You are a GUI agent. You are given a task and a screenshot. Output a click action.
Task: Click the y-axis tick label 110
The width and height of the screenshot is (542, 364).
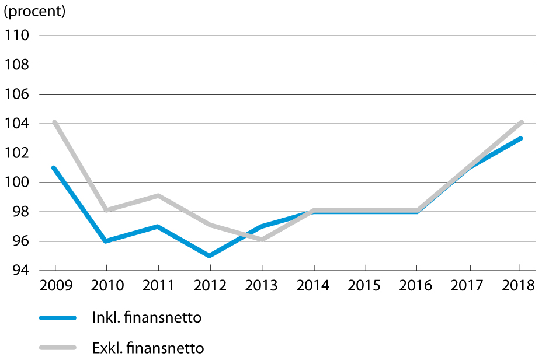(16, 35)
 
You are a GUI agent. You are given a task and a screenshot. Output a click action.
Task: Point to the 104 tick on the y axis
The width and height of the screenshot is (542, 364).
(16, 123)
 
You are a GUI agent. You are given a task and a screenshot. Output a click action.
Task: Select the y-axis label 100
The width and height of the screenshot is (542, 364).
(16, 182)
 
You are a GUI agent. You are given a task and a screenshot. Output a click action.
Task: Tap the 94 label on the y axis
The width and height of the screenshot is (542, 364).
(21, 270)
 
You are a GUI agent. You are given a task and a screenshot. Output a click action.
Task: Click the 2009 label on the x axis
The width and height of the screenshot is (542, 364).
(56, 286)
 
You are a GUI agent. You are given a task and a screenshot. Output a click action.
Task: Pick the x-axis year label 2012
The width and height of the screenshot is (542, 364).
(210, 286)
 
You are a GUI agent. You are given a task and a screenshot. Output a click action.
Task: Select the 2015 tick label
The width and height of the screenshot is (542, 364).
(364, 286)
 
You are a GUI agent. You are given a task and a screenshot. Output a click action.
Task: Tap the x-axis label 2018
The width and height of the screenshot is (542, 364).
(518, 286)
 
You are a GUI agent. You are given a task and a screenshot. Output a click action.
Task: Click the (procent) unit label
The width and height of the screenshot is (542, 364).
(34, 12)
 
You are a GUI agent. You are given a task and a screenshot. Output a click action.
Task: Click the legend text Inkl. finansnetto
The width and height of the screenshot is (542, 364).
(147, 317)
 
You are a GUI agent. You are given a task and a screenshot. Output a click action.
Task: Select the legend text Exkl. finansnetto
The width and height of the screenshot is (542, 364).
(148, 348)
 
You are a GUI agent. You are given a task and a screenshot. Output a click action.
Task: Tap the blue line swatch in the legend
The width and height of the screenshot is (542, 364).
(58, 318)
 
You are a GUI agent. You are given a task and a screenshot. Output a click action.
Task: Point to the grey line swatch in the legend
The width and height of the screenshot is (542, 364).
(58, 348)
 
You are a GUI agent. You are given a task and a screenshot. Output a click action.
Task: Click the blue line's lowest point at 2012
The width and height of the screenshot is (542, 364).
(210, 256)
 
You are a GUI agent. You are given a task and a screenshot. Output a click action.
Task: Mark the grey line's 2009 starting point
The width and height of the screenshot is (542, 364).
(55, 123)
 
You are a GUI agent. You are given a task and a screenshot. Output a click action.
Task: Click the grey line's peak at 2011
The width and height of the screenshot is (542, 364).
(158, 196)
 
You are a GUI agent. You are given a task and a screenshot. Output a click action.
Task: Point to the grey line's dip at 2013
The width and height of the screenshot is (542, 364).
(262, 239)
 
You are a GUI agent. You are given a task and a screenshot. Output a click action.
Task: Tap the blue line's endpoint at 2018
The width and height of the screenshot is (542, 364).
(520, 138)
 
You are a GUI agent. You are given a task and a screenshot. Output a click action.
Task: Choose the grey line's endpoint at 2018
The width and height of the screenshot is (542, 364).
(521, 123)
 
